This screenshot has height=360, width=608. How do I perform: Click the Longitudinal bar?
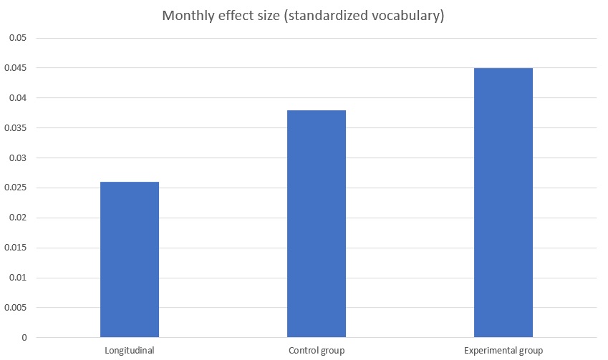(x=130, y=259)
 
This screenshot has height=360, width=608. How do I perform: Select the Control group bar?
(x=317, y=223)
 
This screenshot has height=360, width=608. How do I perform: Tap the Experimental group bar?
(x=503, y=203)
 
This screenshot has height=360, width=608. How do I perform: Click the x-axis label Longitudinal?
(x=130, y=351)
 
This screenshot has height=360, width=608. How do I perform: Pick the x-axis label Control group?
(x=317, y=351)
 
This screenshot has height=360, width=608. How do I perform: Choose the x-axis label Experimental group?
(x=503, y=351)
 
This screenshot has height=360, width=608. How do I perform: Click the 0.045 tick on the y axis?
(x=14, y=68)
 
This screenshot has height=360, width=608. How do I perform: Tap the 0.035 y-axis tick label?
(x=14, y=128)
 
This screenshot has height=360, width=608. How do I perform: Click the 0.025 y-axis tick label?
(x=14, y=188)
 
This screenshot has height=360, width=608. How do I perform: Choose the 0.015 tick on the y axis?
(x=14, y=248)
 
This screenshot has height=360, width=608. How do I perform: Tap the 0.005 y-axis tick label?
(x=14, y=308)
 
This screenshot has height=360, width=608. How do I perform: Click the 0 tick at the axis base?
(x=23, y=338)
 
